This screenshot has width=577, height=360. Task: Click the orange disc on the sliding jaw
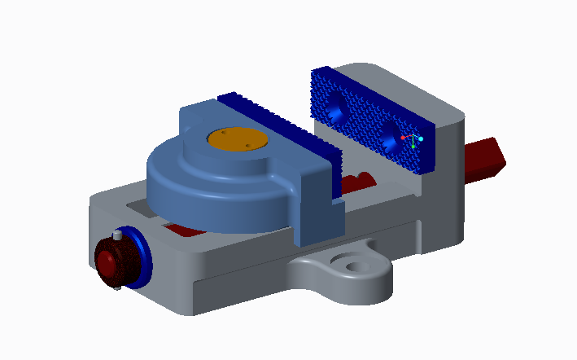(238, 139)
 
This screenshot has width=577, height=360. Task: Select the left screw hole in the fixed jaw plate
(336, 106)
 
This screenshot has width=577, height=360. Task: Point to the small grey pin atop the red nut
(118, 235)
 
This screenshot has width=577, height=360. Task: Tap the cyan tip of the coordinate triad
(420, 139)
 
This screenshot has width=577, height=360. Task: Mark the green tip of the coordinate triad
(413, 147)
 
